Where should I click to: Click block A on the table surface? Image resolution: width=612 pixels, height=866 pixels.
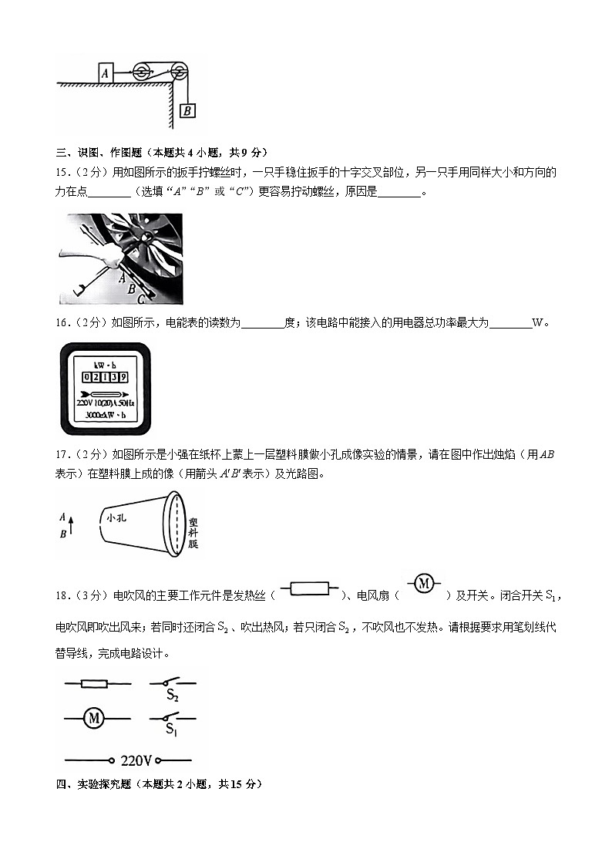tap(105, 72)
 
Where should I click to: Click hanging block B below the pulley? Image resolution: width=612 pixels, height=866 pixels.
tap(187, 111)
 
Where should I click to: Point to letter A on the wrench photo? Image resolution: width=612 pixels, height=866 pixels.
tap(122, 279)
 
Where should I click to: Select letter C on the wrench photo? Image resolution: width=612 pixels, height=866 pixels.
tap(140, 295)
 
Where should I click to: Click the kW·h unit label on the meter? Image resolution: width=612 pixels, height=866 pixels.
tap(105, 364)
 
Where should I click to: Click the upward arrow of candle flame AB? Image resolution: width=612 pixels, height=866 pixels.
tap(71, 525)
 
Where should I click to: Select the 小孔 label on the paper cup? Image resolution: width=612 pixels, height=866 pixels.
tap(117, 518)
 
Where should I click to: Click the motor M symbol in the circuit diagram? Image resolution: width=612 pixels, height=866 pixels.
tap(93, 719)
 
